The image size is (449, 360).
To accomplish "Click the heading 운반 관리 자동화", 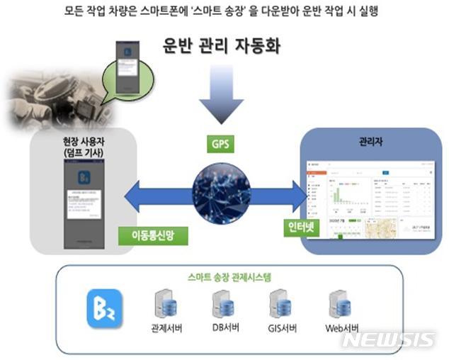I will click(220, 48).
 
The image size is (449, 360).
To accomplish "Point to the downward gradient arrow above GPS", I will click(220, 99).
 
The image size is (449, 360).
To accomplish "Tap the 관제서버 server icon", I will click(165, 304).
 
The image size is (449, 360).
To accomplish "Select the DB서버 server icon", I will click(224, 304).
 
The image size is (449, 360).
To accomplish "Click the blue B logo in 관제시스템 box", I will click(101, 307).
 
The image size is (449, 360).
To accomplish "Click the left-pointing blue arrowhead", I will click(135, 191).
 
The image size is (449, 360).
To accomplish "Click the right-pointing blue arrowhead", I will click(307, 191).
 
